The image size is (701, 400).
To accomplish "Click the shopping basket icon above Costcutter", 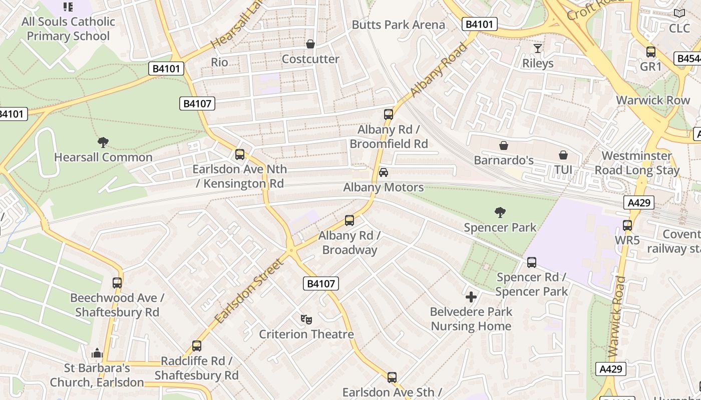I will [x=310, y=44].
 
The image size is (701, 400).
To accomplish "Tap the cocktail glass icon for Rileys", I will [x=538, y=48].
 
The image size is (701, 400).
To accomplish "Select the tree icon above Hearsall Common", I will [x=103, y=142].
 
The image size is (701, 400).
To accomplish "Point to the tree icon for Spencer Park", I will [x=500, y=212].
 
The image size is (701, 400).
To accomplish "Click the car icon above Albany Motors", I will [x=384, y=172].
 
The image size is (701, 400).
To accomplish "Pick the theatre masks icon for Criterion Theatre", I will [x=306, y=319].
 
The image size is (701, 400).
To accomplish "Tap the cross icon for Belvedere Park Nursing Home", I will [x=471, y=297].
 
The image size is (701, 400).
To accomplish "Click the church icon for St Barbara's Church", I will [x=97, y=353].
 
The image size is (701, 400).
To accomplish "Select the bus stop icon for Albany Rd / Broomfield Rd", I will [x=389, y=114].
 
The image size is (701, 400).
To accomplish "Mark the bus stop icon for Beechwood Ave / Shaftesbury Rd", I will [x=117, y=283].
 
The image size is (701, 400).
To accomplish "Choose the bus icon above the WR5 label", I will [x=627, y=225].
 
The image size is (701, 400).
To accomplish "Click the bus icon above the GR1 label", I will [x=651, y=51].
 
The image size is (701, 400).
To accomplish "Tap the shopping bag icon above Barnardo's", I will [x=504, y=145].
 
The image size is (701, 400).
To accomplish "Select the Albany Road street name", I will [x=439, y=70].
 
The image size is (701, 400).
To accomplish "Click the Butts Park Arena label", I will [x=398, y=24].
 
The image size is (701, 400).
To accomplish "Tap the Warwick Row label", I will [x=652, y=100].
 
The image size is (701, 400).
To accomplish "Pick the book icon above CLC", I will [x=679, y=13].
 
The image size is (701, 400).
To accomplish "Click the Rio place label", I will [x=219, y=62].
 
